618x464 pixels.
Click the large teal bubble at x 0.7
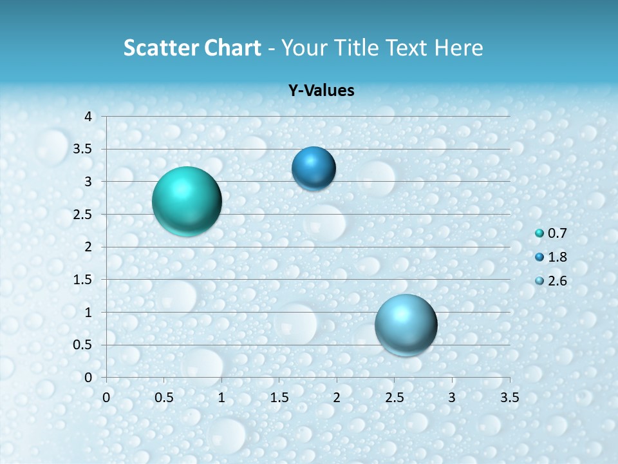(x=187, y=201)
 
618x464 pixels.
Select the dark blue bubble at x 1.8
(x=314, y=169)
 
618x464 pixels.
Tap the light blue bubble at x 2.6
(x=406, y=325)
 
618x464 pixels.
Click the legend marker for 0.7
(x=539, y=233)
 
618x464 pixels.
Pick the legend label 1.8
(x=557, y=257)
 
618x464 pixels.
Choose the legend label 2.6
(x=557, y=281)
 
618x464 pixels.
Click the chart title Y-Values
(x=321, y=91)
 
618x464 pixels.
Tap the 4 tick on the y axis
(x=89, y=117)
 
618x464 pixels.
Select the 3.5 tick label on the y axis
(x=84, y=150)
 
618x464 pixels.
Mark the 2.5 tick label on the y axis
(x=84, y=215)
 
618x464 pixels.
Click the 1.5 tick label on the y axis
(x=84, y=280)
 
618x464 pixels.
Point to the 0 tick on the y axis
(x=89, y=378)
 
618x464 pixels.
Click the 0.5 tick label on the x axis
(x=164, y=398)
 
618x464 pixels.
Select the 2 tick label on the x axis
(x=337, y=398)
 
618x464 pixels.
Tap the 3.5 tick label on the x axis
(x=509, y=398)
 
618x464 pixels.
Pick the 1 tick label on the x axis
(x=221, y=398)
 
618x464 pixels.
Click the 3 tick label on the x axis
(x=452, y=398)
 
